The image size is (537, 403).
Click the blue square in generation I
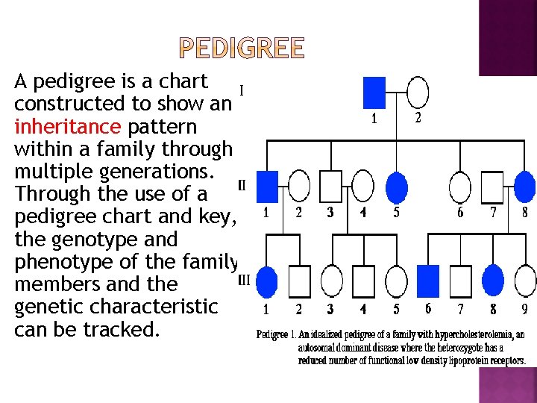[x=374, y=93]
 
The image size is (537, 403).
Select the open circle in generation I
[x=418, y=93]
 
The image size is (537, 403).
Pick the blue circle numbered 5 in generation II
[x=396, y=186]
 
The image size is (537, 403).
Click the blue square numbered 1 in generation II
[x=267, y=186]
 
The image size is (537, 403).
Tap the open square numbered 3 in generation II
[x=330, y=186]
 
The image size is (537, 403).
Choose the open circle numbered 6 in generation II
[x=460, y=186]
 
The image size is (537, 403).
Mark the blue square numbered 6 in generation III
[x=427, y=280]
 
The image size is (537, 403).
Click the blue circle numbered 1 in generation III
[x=266, y=281]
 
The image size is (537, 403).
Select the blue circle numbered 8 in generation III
[x=493, y=280]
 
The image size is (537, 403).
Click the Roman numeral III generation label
[x=243, y=281]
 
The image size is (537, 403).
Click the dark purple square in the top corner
[x=508, y=37]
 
